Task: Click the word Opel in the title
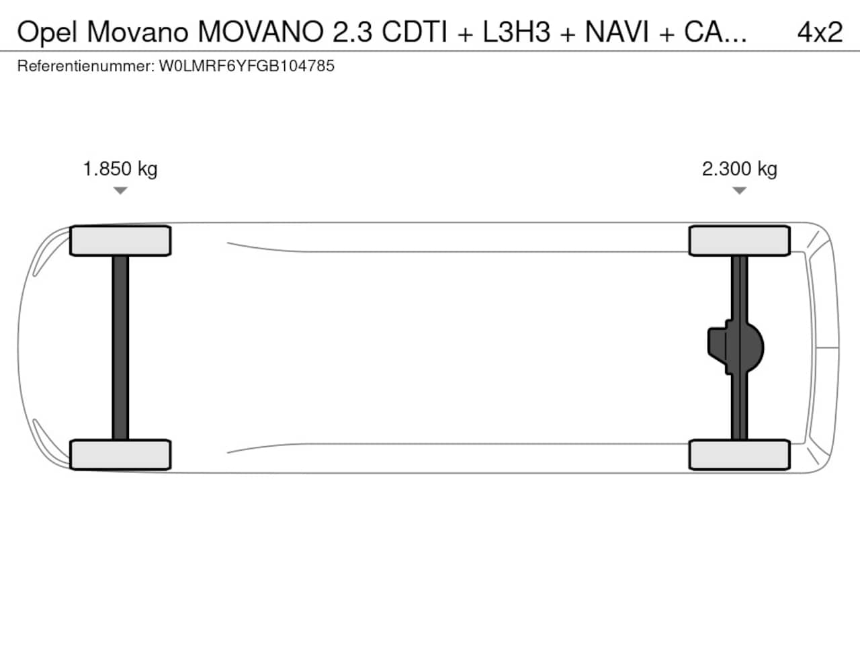coord(47,32)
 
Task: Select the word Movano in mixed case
coord(138,32)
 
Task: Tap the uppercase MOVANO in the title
coord(261,32)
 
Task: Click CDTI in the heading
coord(415,32)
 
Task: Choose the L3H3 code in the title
coord(517,32)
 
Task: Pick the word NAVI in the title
coord(617,32)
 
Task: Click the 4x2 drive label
coord(820,32)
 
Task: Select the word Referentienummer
coord(86,66)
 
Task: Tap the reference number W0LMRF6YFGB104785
coord(247,66)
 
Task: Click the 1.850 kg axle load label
coord(120,169)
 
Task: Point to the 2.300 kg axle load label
coord(739,169)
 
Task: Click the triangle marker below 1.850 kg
coord(120,190)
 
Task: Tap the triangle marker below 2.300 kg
coord(739,190)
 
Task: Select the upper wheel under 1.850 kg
coord(120,241)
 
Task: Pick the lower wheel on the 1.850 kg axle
coord(120,455)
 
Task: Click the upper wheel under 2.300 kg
coord(740,241)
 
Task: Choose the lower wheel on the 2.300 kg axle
coord(740,455)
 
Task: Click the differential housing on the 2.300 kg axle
coord(736,347)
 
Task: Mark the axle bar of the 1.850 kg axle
coord(120,348)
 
